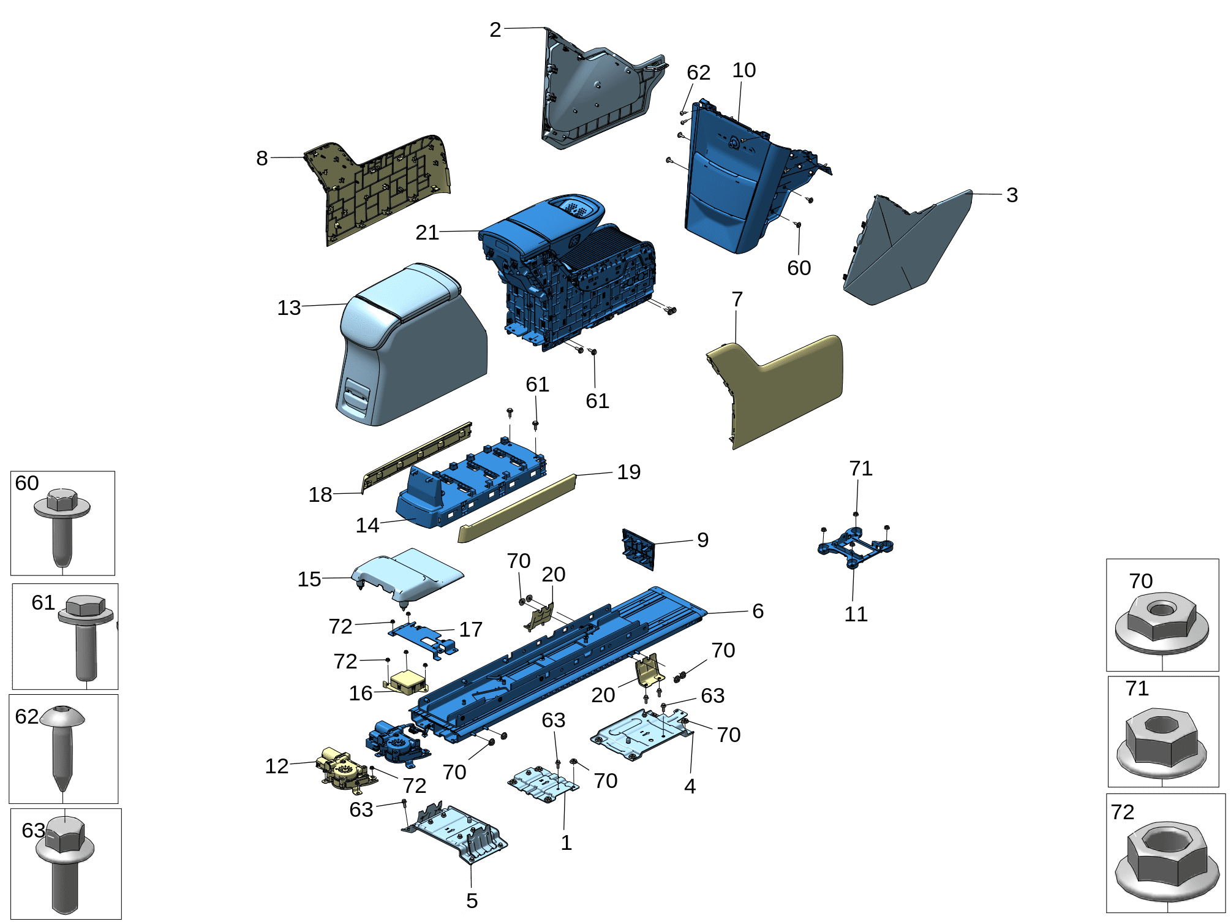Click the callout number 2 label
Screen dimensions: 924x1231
[495, 29]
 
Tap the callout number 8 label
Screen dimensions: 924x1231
[262, 157]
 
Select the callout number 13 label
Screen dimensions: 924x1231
[288, 307]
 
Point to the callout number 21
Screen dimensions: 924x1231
[427, 232]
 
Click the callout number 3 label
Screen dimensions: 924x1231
[1011, 194]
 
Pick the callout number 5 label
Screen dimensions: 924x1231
[472, 900]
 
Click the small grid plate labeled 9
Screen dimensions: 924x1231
[638, 548]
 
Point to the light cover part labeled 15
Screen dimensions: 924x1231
[407, 573]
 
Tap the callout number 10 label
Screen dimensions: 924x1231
[743, 70]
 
